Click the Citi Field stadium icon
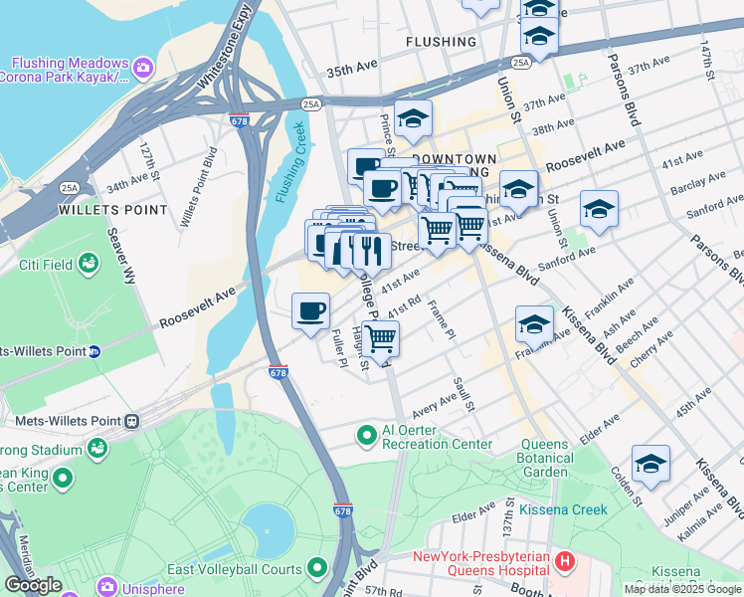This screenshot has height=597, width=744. click(89, 264)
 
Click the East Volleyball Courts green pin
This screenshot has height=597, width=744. click(317, 569)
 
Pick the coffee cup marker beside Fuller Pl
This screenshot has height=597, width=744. click(311, 311)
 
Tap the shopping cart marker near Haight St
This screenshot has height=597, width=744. click(380, 338)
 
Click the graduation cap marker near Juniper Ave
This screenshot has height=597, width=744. click(651, 464)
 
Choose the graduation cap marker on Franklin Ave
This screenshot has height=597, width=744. click(534, 324)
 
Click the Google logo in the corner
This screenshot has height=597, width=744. click(33, 585)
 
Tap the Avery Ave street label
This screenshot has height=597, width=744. click(434, 406)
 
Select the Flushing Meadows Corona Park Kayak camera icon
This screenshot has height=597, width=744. click(143, 67)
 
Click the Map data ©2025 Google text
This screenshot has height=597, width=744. click(682, 589)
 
